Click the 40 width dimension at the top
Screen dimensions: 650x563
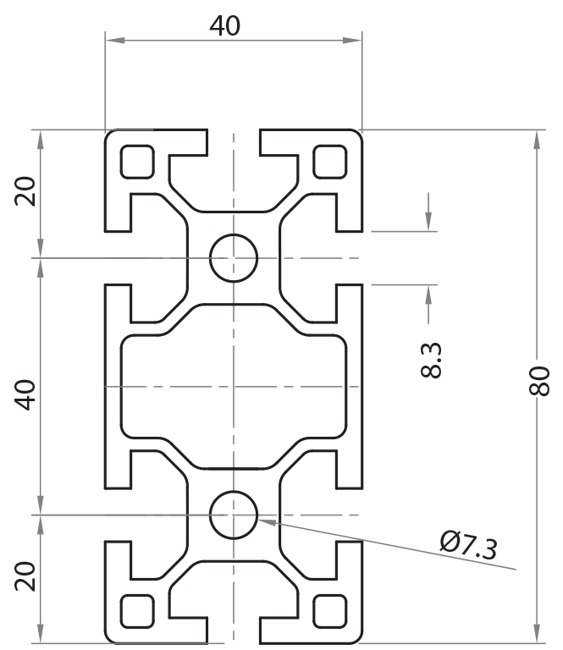pyautogui.click(x=225, y=26)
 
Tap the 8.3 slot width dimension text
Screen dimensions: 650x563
pyautogui.click(x=431, y=360)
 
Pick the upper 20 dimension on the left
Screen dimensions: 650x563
pyautogui.click(x=27, y=192)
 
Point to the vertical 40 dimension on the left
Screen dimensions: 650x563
pyautogui.click(x=27, y=394)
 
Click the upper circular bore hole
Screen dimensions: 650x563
pyautogui.click(x=234, y=257)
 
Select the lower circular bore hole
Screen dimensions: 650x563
pyautogui.click(x=234, y=515)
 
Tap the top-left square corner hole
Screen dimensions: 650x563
pyautogui.click(x=137, y=162)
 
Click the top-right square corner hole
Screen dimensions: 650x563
pyautogui.click(x=330, y=162)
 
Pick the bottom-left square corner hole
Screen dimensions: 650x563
pyautogui.click(x=137, y=610)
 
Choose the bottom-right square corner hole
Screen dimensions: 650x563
pyautogui.click(x=330, y=610)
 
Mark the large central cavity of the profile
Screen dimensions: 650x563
pyautogui.click(x=234, y=386)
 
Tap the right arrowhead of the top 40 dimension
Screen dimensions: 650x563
pyautogui.click(x=353, y=40)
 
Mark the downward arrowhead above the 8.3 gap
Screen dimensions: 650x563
pyautogui.click(x=429, y=223)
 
